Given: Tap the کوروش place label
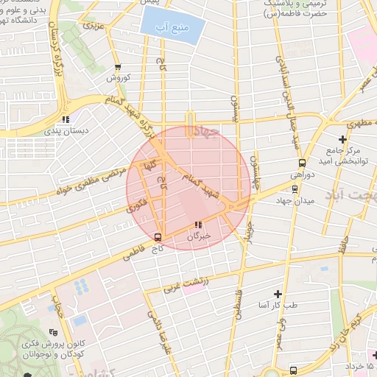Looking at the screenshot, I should [x=118, y=77].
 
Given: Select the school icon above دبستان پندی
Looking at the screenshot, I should [x=66, y=119].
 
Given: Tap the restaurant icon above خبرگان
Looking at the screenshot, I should [x=197, y=225].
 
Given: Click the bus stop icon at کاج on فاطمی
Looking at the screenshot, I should [x=158, y=237].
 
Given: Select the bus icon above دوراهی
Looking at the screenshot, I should [x=302, y=163].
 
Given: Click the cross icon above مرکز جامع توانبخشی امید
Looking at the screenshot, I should [x=342, y=139].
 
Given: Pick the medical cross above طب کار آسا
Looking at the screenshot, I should [x=278, y=293].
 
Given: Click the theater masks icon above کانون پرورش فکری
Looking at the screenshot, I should [x=52, y=333].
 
